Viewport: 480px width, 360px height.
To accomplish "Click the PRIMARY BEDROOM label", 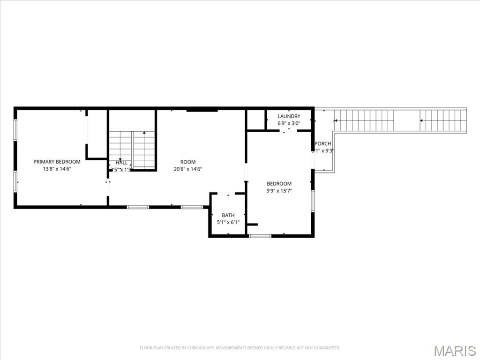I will [57, 162].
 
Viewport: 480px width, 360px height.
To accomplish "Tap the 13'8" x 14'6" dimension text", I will [57, 169].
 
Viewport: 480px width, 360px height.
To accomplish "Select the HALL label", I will [121, 163].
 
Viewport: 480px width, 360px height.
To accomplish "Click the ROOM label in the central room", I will [188, 162].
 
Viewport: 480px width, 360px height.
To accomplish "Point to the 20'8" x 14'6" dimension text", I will [188, 169].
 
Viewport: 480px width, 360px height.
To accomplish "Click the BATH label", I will [228, 215].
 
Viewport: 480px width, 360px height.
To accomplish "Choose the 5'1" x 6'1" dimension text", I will [228, 222].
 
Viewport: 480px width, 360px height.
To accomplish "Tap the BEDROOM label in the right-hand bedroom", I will [279, 184].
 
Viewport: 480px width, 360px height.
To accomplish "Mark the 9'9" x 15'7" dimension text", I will [279, 191].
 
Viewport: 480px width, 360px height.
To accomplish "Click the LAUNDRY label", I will [289, 116].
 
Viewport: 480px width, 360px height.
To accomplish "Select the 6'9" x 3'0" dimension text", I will [289, 123].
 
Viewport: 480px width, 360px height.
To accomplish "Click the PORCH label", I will [323, 143].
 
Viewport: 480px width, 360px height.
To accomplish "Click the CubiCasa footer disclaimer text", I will [240, 348].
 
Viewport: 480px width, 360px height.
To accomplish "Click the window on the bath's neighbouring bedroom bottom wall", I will [260, 236].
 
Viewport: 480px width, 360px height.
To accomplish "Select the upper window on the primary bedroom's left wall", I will [15, 130].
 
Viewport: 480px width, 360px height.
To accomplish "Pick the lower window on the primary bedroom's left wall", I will [15, 181].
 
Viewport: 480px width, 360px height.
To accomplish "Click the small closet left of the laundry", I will [256, 120].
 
